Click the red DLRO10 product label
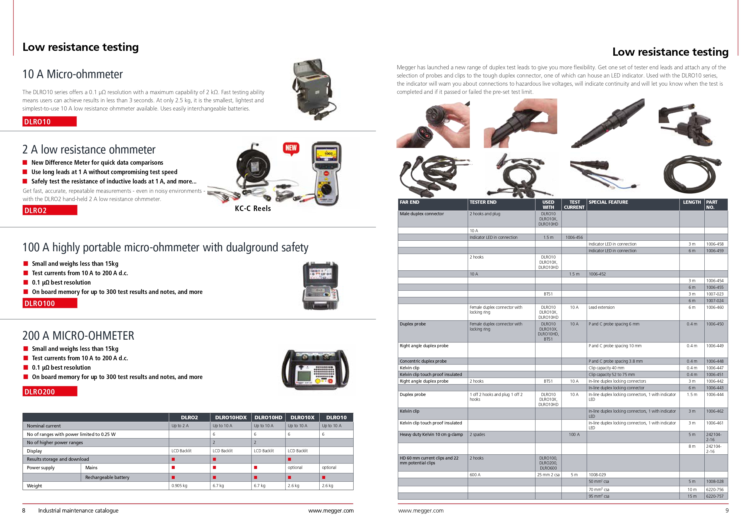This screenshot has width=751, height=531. [x=49, y=122]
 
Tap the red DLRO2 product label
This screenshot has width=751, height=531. [x=50, y=210]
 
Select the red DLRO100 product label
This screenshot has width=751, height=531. [x=50, y=303]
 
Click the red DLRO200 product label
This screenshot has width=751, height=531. [x=50, y=392]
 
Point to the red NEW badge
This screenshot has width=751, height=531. [x=291, y=148]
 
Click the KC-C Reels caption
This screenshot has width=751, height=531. [x=252, y=209]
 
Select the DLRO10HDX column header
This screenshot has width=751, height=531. [x=231, y=417]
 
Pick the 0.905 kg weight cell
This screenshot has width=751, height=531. [x=180, y=486]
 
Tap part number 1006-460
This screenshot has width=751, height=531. [x=715, y=308]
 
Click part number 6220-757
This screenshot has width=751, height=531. [x=715, y=496]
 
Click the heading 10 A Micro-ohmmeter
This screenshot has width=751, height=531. [x=73, y=74]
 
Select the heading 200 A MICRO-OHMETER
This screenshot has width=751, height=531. [x=78, y=336]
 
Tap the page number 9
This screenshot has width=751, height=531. [x=727, y=511]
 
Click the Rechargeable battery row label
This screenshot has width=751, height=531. [x=107, y=477]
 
